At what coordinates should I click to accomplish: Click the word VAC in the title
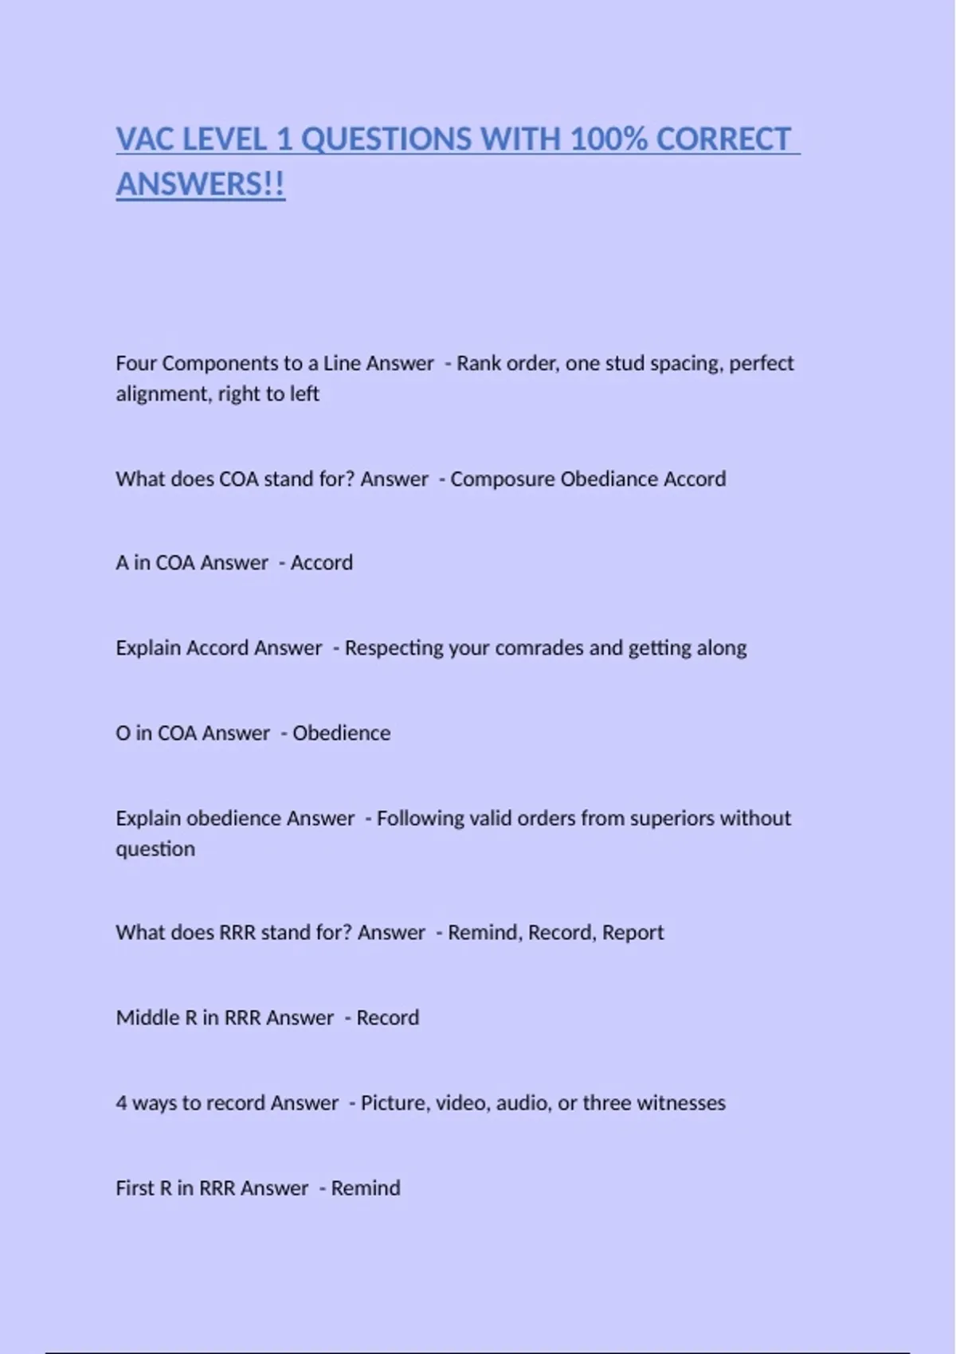pos(144,139)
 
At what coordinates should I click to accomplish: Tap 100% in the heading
pos(608,139)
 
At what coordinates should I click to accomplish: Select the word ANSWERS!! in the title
pos(200,185)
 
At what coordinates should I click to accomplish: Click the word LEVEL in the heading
pos(225,139)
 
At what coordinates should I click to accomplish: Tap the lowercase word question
pos(155,849)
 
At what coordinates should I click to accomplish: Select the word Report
pos(633,933)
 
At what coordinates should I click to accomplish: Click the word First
pos(134,1188)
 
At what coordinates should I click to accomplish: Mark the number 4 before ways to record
pos(121,1103)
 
